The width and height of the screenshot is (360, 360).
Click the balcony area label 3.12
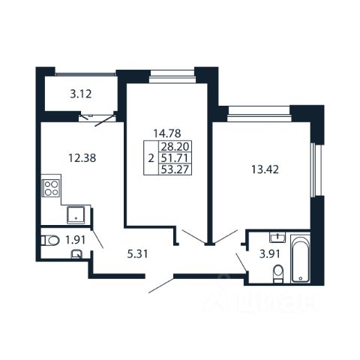tap(81, 94)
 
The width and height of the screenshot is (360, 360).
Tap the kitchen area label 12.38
tap(82, 158)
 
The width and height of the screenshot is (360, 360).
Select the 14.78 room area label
tap(167, 133)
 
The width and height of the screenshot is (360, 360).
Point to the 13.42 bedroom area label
tap(265, 169)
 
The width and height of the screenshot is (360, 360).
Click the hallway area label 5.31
tap(137, 254)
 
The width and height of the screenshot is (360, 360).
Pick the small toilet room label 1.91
tap(76, 240)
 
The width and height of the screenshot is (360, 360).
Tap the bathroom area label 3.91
tap(270, 254)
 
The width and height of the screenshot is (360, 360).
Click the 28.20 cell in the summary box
tap(175, 146)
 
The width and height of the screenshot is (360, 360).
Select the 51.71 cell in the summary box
tap(175, 158)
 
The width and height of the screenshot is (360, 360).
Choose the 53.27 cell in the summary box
tap(175, 169)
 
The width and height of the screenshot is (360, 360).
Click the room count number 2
tap(151, 158)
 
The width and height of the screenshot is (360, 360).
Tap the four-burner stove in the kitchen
tap(51, 188)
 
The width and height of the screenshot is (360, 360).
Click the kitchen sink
tap(76, 214)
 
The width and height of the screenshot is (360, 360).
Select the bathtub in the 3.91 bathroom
tap(300, 259)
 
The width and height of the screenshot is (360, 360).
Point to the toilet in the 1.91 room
tap(50, 241)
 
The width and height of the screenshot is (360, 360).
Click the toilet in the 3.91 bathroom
tap(278, 274)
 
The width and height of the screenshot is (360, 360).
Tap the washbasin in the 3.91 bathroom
tap(277, 237)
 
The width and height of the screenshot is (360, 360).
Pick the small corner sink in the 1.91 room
tap(76, 254)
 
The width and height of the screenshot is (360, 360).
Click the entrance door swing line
tap(161, 285)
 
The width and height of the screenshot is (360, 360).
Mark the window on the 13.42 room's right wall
tap(313, 170)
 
